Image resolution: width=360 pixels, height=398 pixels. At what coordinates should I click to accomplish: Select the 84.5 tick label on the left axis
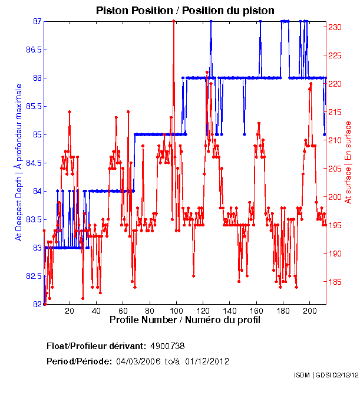point(33,163)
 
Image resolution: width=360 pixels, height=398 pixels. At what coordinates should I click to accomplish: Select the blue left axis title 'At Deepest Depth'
point(18,162)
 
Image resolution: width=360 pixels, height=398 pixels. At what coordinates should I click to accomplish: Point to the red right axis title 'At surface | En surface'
point(348,163)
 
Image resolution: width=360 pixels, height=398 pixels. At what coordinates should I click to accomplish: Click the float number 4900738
point(168,346)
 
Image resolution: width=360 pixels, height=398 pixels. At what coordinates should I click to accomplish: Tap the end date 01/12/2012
point(207,361)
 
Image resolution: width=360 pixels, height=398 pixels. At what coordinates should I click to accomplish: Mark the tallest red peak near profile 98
point(173,21)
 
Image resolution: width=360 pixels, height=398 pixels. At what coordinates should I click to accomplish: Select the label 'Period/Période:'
point(79,361)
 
